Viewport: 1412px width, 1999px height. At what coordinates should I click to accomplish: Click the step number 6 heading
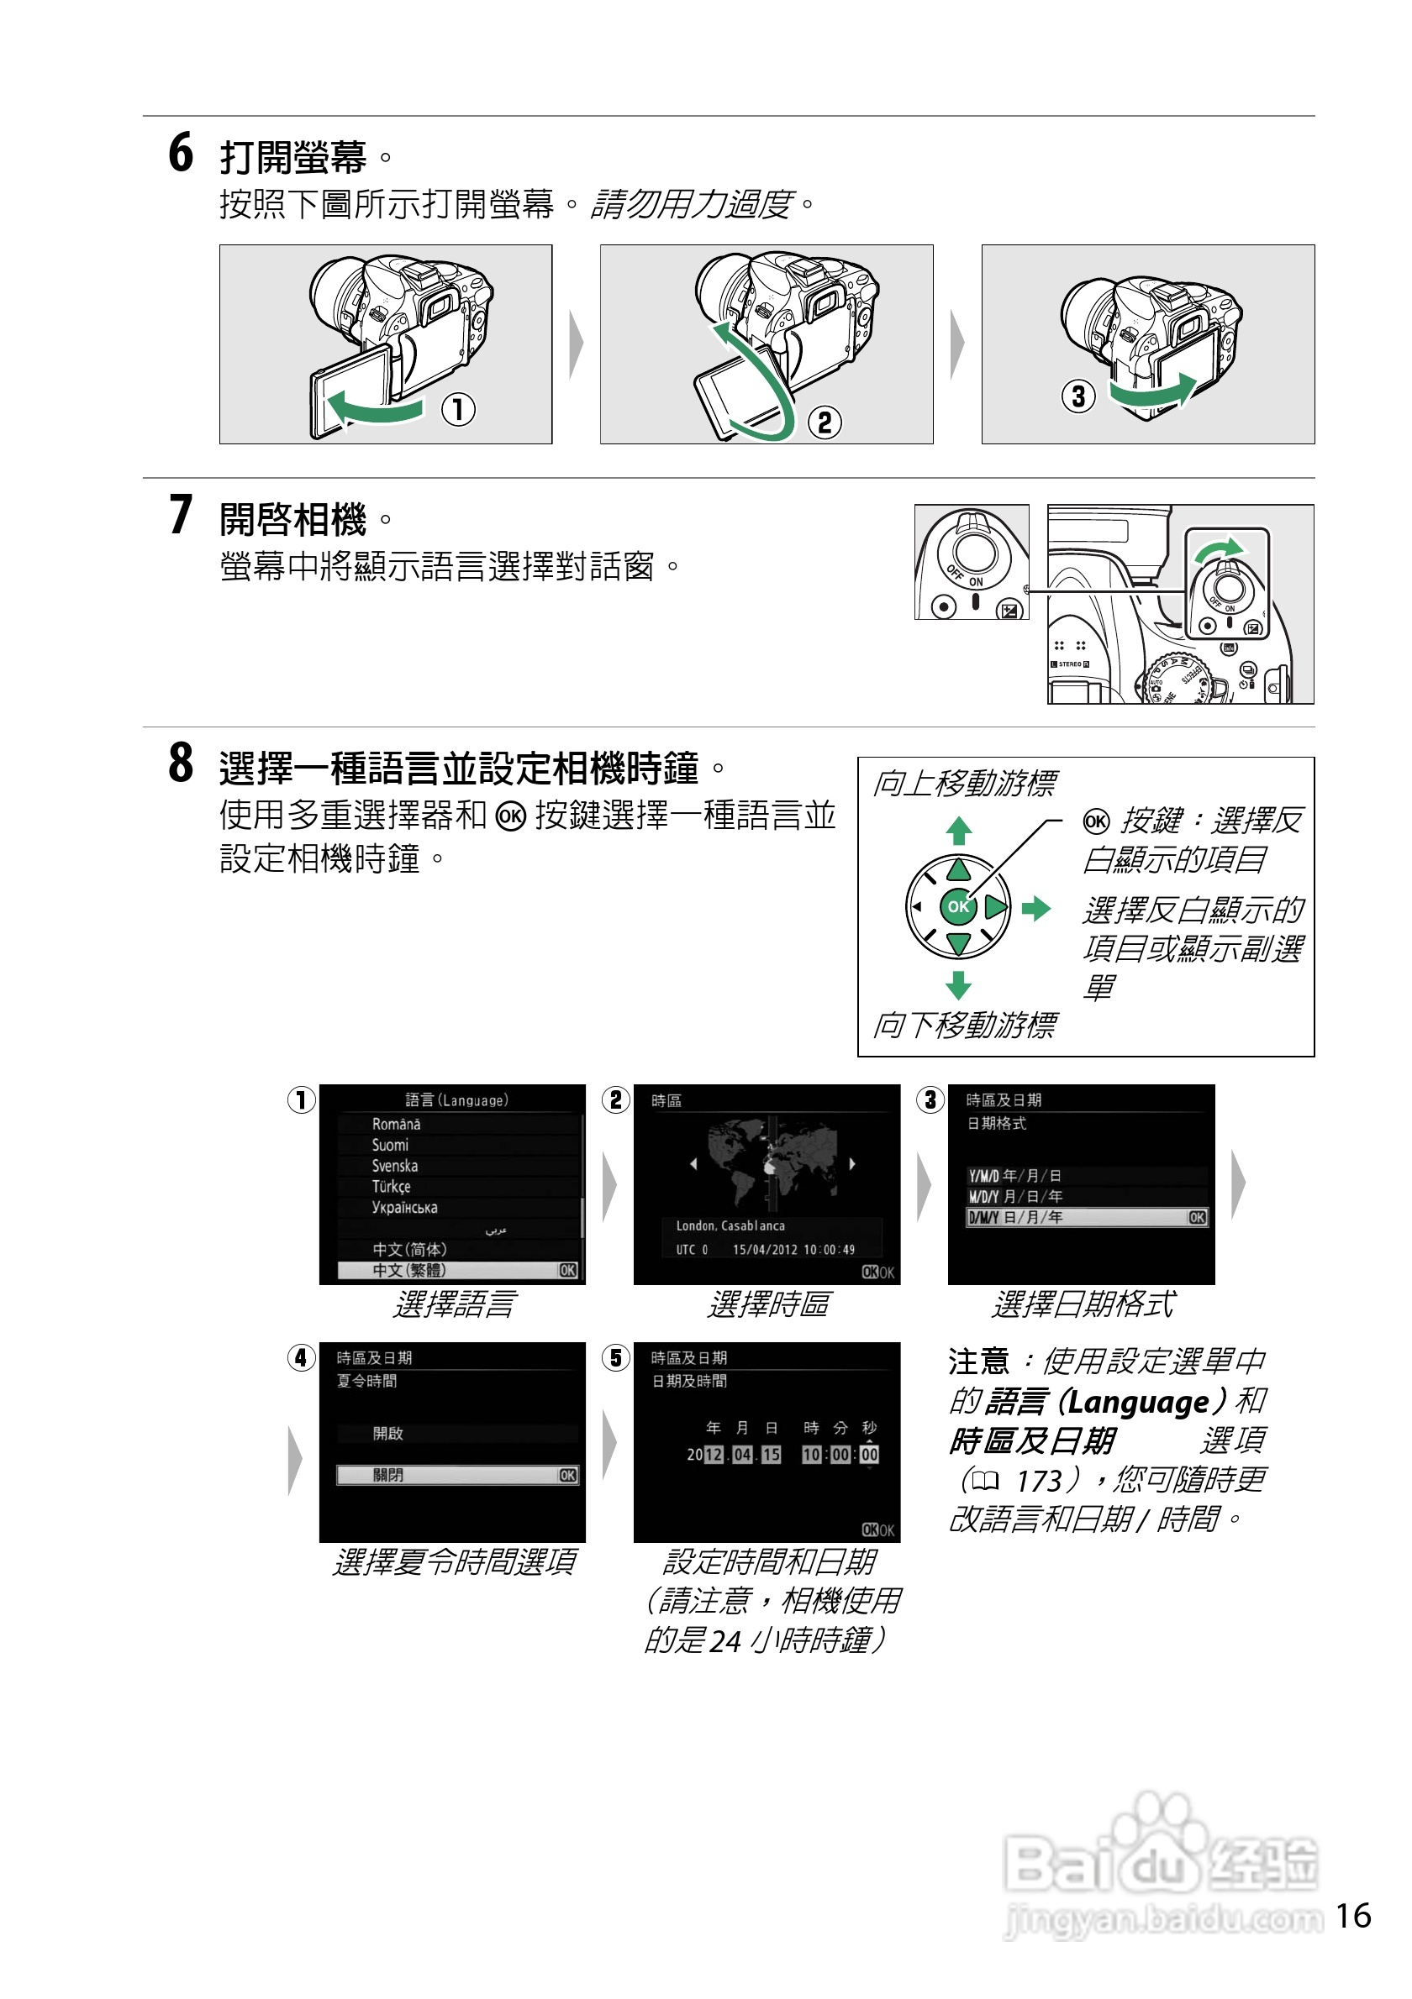(x=182, y=153)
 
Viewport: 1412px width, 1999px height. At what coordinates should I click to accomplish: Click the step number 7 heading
(x=182, y=515)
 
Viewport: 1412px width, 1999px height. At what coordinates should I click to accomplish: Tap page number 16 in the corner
(x=1353, y=1915)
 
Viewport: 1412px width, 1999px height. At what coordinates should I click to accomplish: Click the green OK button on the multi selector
(x=957, y=906)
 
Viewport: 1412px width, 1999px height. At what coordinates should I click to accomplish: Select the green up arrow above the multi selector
(x=958, y=831)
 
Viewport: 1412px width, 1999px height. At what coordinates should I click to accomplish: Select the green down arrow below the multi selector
(x=958, y=984)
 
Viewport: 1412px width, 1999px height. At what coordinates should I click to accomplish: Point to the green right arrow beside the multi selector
(x=1035, y=909)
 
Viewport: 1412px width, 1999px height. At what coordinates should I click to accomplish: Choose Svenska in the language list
(x=394, y=1166)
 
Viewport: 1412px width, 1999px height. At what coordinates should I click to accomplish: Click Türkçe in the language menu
(x=391, y=1187)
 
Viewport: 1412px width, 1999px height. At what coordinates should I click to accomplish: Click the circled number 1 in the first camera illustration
(x=458, y=408)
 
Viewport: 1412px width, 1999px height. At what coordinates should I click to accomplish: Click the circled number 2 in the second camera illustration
(x=824, y=422)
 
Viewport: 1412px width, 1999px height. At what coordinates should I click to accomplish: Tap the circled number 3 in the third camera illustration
(x=1077, y=396)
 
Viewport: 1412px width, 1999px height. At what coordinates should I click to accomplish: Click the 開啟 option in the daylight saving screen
(x=388, y=1433)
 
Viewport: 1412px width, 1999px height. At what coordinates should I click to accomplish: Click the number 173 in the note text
(x=1039, y=1480)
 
